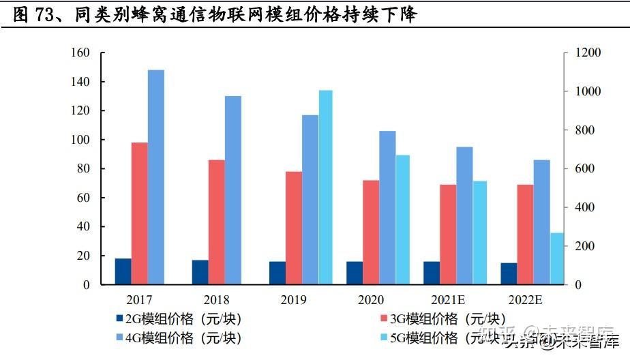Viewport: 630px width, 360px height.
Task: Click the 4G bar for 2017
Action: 156,177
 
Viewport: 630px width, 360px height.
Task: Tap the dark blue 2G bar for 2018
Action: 200,272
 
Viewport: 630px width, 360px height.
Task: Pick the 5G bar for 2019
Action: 327,187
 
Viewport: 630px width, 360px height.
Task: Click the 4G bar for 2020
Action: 387,207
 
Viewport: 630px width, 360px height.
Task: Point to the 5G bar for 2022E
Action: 558,258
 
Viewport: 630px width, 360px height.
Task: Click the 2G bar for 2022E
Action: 509,273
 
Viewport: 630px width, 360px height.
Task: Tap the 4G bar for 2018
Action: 233,190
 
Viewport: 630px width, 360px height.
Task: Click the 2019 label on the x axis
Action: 293,300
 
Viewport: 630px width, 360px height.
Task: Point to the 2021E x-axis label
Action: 448,300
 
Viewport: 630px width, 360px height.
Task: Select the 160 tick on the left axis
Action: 80,53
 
